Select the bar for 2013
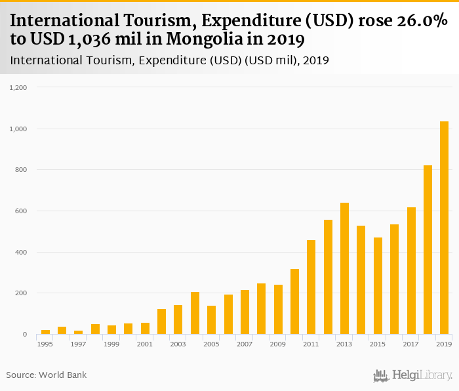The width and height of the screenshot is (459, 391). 345,268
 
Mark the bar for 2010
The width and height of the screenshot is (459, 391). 294,302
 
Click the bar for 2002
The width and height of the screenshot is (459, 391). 161,321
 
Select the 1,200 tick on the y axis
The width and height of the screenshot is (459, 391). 18,87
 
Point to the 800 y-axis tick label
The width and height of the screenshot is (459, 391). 21,170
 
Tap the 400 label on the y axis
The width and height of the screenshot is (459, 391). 21,252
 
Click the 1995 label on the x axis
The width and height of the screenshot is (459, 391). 45,344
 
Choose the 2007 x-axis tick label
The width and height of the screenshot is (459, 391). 245,344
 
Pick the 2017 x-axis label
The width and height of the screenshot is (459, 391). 411,344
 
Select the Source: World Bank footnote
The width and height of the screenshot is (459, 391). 47,375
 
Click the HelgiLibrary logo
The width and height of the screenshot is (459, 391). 413,375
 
